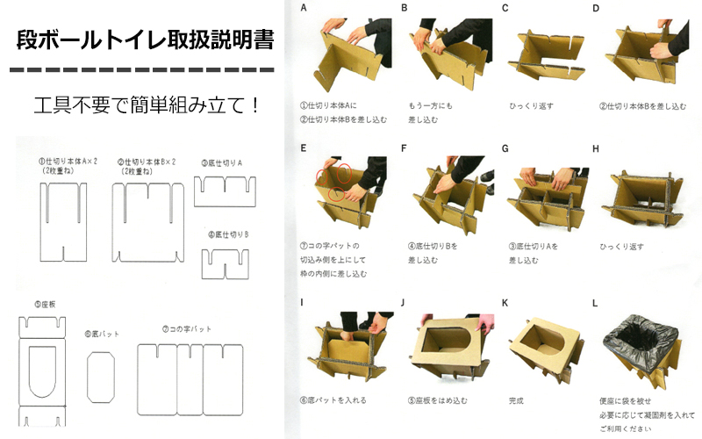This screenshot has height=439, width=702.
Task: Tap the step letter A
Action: [303, 8]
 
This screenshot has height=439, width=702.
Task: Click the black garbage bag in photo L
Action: [641, 338]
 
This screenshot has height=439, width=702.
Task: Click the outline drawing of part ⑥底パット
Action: [102, 377]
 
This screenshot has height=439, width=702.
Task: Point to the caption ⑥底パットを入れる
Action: [333, 400]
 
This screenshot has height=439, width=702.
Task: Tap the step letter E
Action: [303, 148]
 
